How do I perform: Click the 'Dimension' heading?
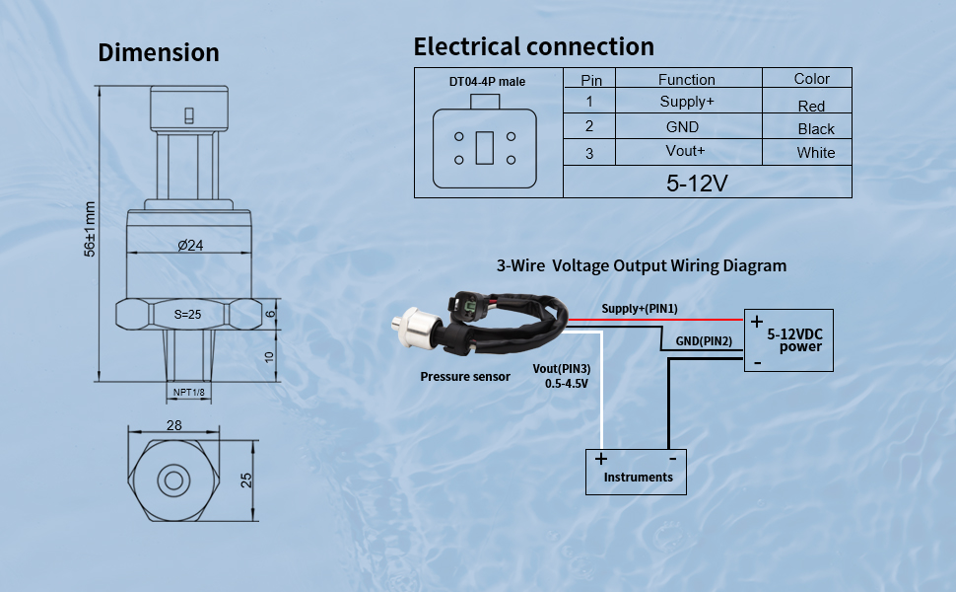pos(158,52)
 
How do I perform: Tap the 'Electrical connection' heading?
pos(533,46)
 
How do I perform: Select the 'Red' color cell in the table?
pos(811,106)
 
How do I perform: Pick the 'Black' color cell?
pos(816,129)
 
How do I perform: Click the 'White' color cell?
pos(816,153)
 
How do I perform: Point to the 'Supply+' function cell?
pos(686,102)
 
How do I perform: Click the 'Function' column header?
pos(686,79)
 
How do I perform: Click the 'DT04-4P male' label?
pos(487,81)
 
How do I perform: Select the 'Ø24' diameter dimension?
pos(190,245)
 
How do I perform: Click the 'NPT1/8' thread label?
pos(189,393)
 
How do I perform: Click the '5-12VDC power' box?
pos(788,340)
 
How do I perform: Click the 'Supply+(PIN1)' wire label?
pos(640,309)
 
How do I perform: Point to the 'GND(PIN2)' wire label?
pos(704,341)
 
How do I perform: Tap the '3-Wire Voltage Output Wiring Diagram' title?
pos(642,265)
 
